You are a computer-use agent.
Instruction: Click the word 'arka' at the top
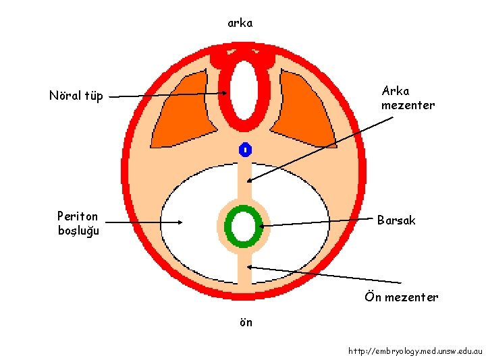point(240,23)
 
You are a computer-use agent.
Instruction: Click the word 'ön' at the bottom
point(246,322)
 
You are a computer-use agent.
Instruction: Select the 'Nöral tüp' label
point(76,96)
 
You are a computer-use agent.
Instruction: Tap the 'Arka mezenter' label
point(408,98)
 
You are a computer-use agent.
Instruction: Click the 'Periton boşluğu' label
point(78,223)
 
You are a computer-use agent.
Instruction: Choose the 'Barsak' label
point(396,220)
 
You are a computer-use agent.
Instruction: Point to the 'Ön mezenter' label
point(401,297)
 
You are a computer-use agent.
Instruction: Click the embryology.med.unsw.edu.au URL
point(415,351)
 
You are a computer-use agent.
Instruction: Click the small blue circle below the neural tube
point(245,150)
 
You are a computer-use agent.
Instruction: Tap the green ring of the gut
point(230,226)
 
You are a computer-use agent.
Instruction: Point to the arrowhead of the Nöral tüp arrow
point(227,94)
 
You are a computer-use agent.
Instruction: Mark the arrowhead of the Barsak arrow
point(261,226)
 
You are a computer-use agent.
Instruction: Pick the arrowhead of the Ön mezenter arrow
point(250,268)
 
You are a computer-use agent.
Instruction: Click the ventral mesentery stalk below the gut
point(244,270)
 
